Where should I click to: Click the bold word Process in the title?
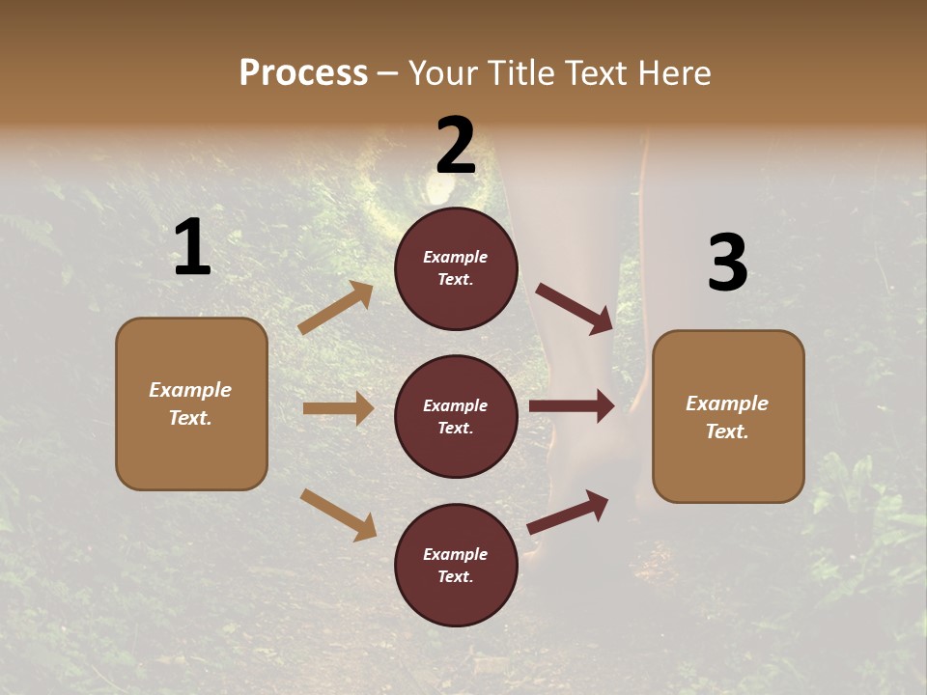(x=303, y=72)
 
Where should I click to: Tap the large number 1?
(x=192, y=248)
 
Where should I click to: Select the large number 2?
(x=456, y=146)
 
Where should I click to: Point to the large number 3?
(x=727, y=264)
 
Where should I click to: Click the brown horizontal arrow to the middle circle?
(x=338, y=408)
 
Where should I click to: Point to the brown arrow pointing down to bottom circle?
(x=338, y=514)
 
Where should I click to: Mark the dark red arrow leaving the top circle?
(x=575, y=308)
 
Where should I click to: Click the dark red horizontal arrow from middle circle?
(x=572, y=406)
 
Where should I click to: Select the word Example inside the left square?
(x=190, y=390)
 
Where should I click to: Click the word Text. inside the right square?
(x=727, y=431)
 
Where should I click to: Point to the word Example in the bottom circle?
(x=456, y=554)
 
